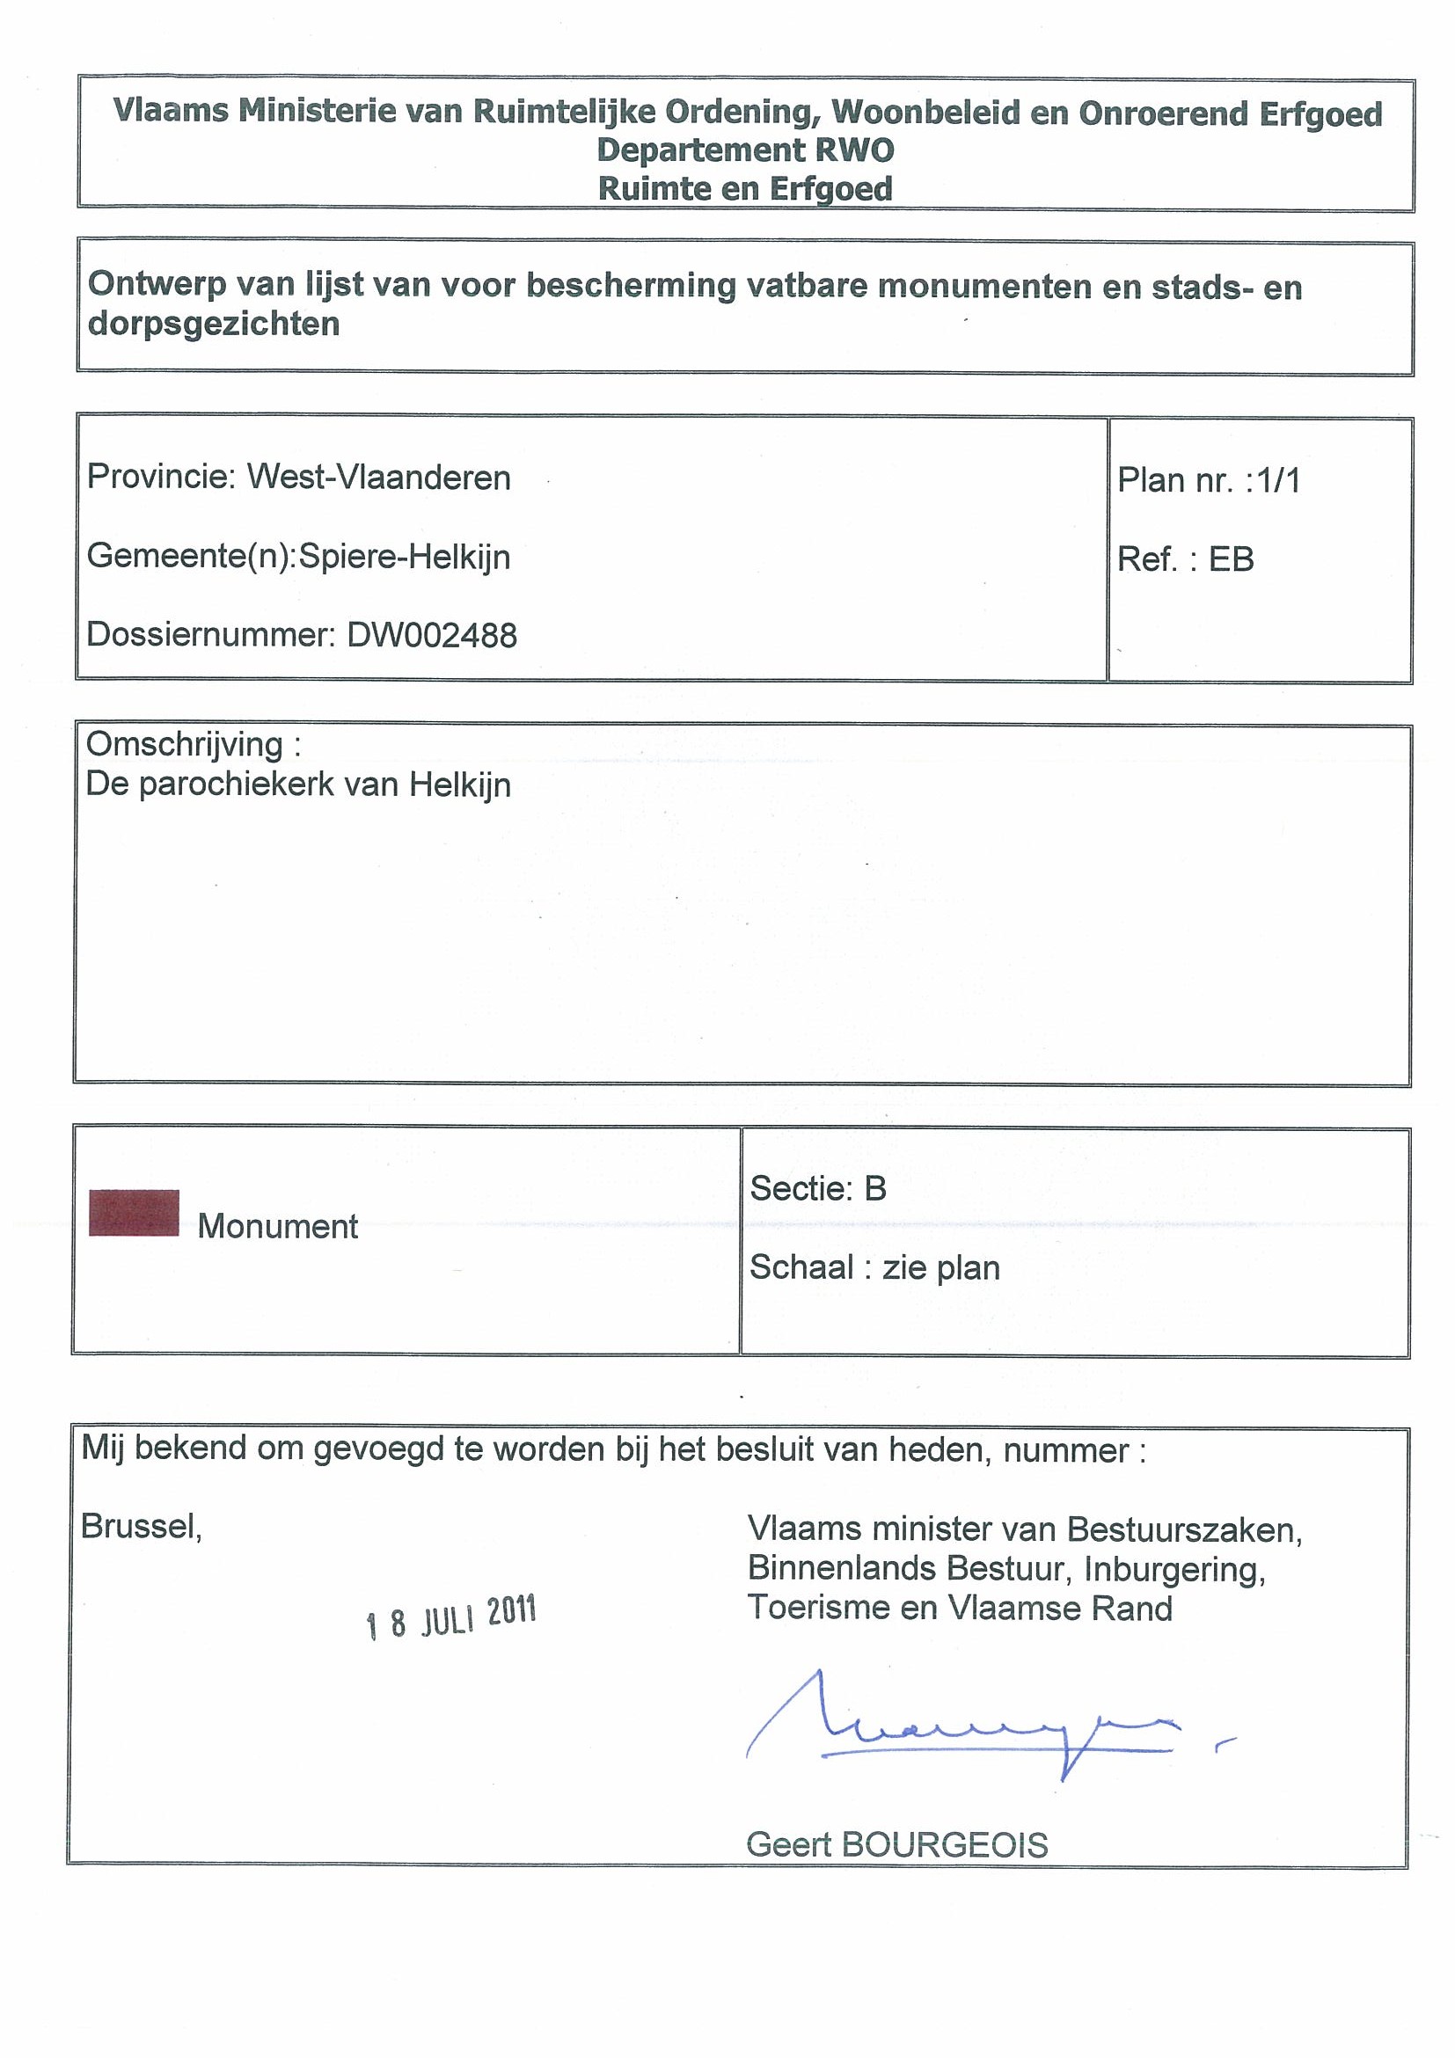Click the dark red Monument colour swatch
click(x=134, y=1213)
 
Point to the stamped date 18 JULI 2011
click(x=451, y=1617)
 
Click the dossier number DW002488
click(x=432, y=636)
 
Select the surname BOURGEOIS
click(x=945, y=1845)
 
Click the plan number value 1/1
click(x=1277, y=481)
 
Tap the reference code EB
click(x=1231, y=560)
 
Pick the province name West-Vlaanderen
click(x=378, y=478)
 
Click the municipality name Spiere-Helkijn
click(x=405, y=557)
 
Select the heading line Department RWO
click(x=745, y=150)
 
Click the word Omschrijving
click(x=185, y=745)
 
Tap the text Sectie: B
click(x=817, y=1188)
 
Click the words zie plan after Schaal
click(x=940, y=1267)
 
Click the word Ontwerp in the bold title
click(x=154, y=284)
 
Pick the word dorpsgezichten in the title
click(x=214, y=324)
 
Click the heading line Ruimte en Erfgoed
click(x=745, y=189)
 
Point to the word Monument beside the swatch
click(x=278, y=1226)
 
